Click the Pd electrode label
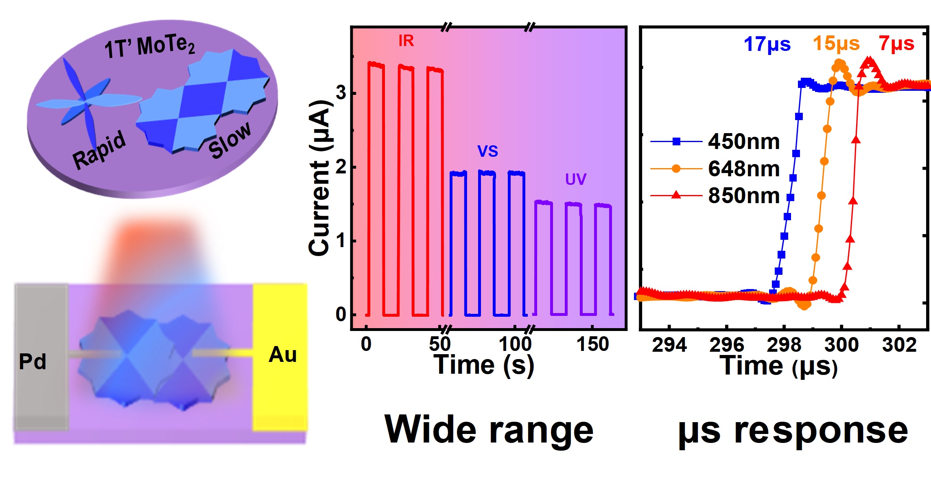click(33, 362)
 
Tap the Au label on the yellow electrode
click(282, 355)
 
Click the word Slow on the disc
click(230, 140)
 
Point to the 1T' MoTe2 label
click(149, 46)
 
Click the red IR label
click(406, 41)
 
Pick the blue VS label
click(487, 151)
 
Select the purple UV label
click(575, 179)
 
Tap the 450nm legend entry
click(743, 142)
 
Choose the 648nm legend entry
click(743, 169)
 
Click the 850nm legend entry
click(743, 195)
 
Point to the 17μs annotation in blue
click(767, 44)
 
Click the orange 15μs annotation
click(836, 43)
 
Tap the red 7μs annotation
click(896, 43)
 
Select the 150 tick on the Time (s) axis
click(592, 344)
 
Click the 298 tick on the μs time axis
click(784, 345)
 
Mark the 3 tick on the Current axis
click(341, 93)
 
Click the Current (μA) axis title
click(319, 177)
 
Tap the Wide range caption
click(489, 430)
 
